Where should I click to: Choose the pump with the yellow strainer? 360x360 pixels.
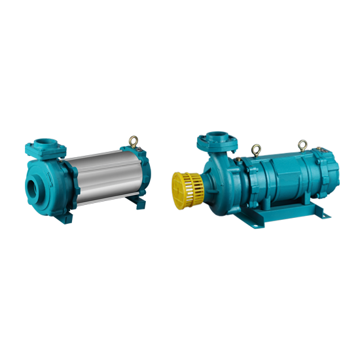pos(262,180)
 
